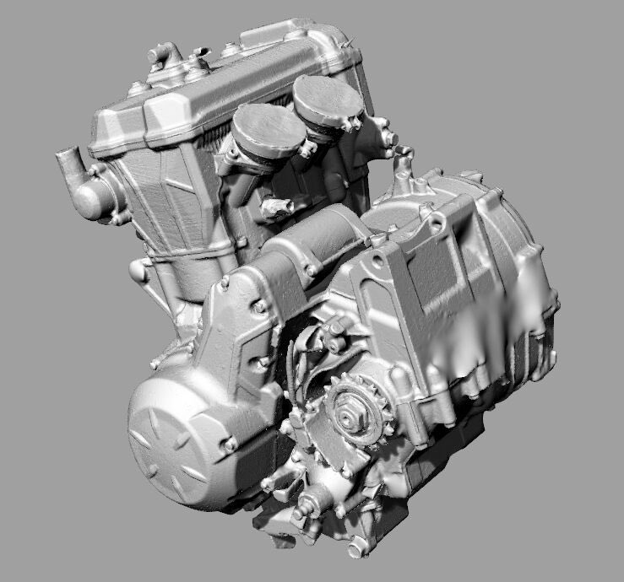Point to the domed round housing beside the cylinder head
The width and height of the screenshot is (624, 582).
pyautogui.click(x=95, y=198)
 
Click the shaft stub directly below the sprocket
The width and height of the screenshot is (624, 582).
pyautogui.click(x=306, y=506)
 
